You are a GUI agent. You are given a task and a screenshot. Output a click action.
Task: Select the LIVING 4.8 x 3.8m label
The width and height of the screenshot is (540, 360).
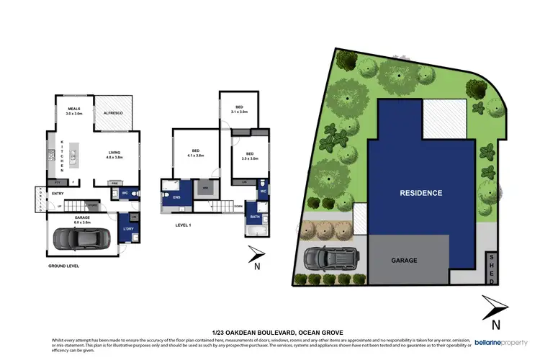(x=114, y=155)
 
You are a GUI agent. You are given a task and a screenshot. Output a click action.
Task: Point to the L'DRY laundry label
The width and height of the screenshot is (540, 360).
(x=130, y=229)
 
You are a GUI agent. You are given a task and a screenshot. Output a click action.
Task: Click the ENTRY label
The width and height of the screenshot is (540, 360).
(x=58, y=193)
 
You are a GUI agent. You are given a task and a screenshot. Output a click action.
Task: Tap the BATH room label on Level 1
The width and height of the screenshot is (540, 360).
(x=255, y=216)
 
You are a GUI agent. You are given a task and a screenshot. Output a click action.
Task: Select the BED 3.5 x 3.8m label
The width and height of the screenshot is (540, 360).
(x=249, y=156)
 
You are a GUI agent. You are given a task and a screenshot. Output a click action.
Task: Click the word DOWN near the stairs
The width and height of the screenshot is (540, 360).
(x=238, y=207)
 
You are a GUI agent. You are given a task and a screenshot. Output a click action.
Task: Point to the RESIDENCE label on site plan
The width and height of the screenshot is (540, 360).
(x=421, y=192)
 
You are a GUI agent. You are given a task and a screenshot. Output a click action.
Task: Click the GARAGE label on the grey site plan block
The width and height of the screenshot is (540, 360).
(x=404, y=260)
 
